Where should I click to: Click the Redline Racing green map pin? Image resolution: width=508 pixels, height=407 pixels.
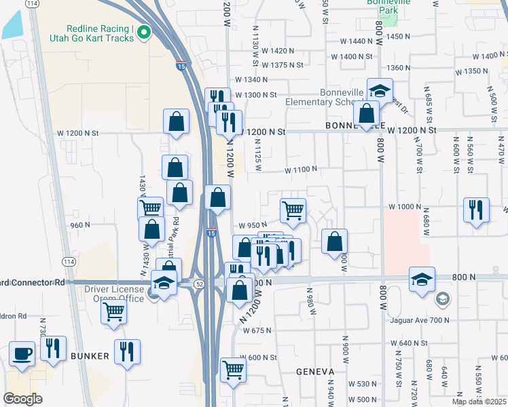click(143, 33)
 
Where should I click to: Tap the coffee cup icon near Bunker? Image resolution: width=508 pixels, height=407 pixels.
click(22, 353)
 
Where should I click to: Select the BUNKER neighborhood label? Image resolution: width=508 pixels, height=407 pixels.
click(90, 355)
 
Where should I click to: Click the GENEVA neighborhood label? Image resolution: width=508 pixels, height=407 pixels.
click(315, 372)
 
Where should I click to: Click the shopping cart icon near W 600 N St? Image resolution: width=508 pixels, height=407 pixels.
click(233, 370)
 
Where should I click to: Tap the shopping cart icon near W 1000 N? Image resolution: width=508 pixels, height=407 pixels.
click(293, 210)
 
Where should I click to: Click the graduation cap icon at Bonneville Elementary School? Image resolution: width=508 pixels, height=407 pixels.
click(380, 90)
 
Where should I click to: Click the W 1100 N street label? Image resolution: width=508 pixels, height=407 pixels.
click(301, 169)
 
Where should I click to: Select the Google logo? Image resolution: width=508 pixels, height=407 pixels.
click(22, 399)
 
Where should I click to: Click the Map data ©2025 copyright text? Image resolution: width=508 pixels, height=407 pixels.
click(479, 402)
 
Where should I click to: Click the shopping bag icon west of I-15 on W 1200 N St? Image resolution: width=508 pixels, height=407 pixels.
click(176, 123)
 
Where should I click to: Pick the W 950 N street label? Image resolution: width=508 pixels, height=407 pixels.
click(252, 225)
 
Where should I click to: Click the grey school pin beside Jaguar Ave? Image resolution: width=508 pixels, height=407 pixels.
click(442, 298)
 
